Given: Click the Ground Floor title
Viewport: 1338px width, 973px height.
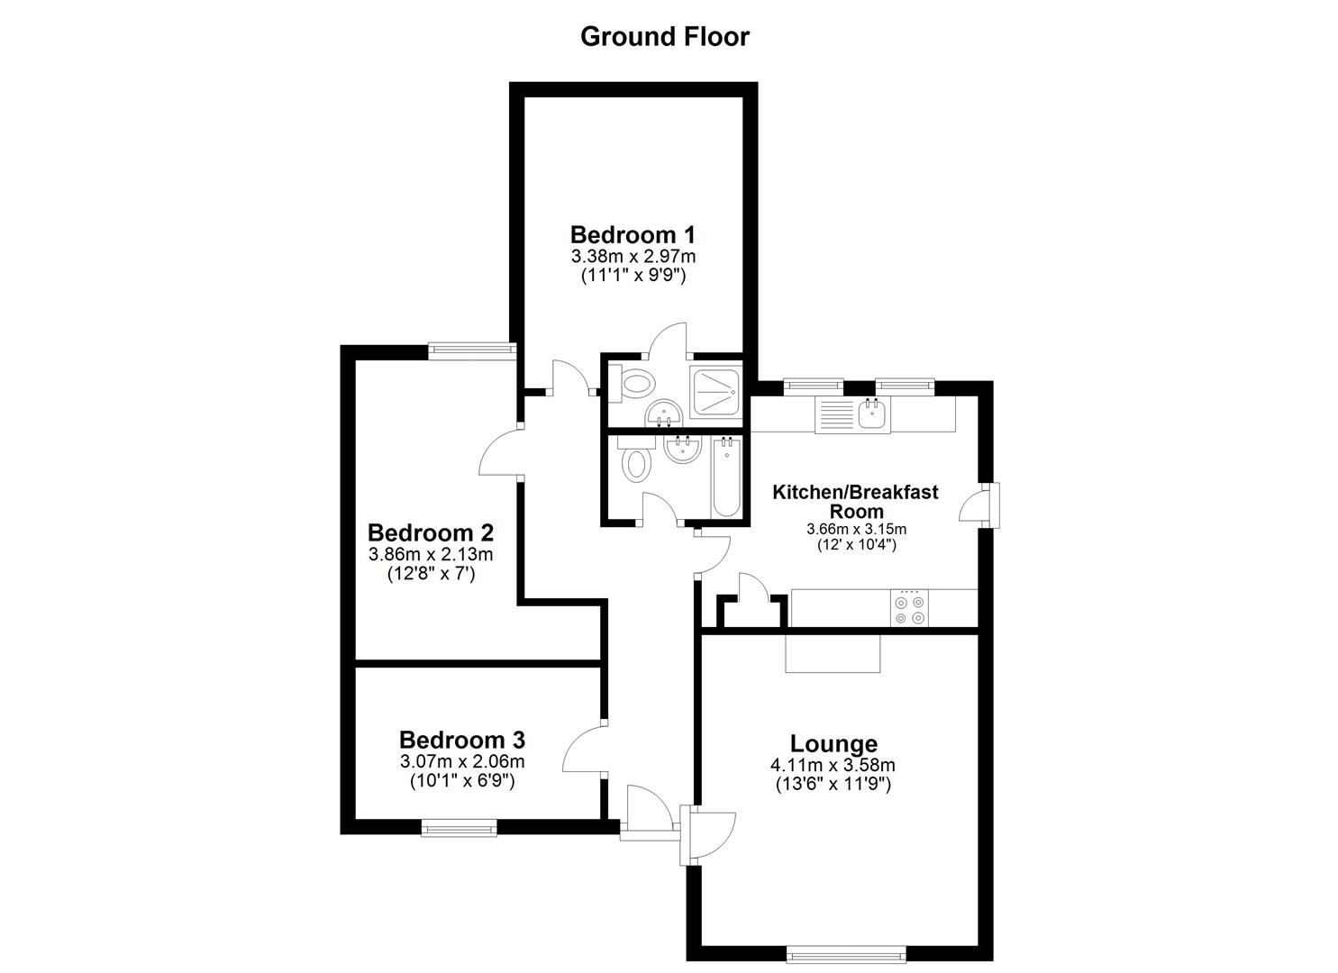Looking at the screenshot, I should click(664, 37).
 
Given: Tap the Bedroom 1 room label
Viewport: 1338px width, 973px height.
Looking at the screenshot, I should click(633, 235).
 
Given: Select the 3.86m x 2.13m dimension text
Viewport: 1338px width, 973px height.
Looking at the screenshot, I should click(431, 554).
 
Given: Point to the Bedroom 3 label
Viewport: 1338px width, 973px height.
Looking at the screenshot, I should click(461, 740).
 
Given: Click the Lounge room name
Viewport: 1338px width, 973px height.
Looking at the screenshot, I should click(833, 743).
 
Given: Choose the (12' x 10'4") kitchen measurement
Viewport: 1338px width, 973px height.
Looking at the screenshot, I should click(856, 545).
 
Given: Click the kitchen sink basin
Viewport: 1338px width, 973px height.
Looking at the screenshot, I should click(872, 414).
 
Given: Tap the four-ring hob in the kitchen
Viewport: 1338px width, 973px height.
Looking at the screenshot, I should click(907, 609).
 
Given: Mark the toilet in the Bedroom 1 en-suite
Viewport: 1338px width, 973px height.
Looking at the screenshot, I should click(635, 384).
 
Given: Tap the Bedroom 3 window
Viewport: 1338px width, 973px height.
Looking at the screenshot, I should click(460, 828).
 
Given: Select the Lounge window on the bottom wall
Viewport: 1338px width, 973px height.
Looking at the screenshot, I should click(846, 953).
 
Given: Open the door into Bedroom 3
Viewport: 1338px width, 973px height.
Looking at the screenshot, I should click(584, 750).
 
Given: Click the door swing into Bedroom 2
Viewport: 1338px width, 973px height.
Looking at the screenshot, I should click(501, 453).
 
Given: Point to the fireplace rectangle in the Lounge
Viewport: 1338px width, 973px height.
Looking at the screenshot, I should click(833, 653).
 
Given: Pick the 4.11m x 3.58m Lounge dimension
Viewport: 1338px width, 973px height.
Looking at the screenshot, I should click(833, 765).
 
